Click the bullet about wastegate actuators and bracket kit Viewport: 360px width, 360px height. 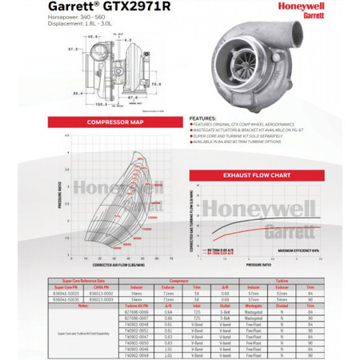click(x=254, y=131)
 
